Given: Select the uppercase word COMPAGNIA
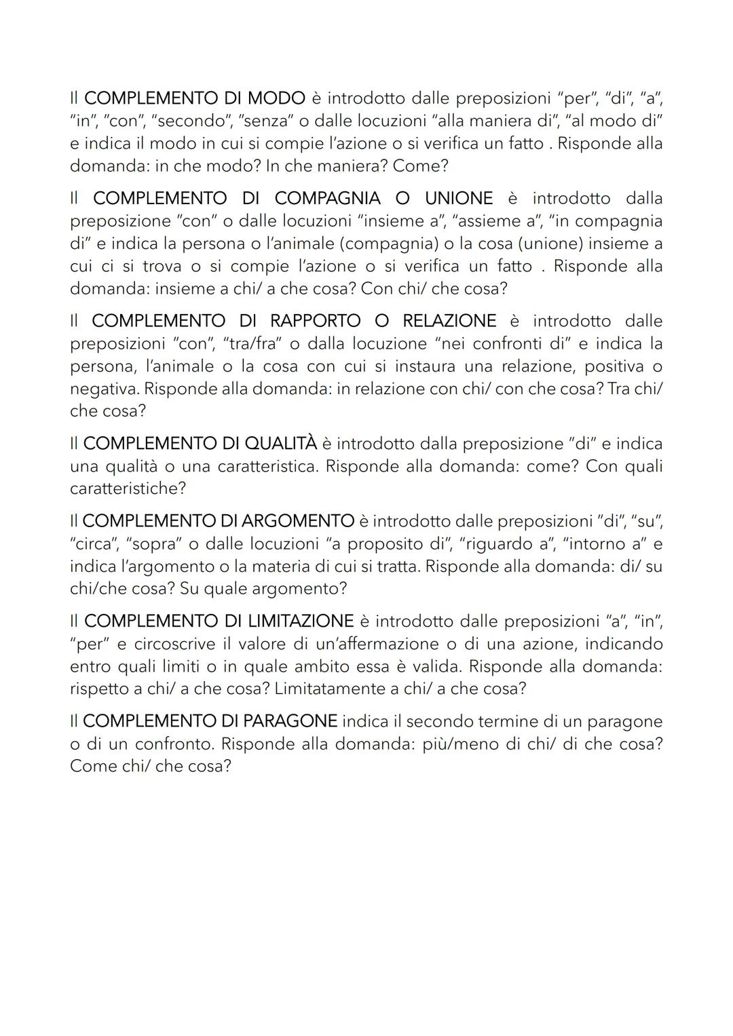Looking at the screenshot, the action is point(327,198).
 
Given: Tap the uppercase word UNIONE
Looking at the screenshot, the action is point(459,198).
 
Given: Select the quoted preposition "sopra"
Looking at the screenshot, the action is point(153,543).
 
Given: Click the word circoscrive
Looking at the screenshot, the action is point(174,643).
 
